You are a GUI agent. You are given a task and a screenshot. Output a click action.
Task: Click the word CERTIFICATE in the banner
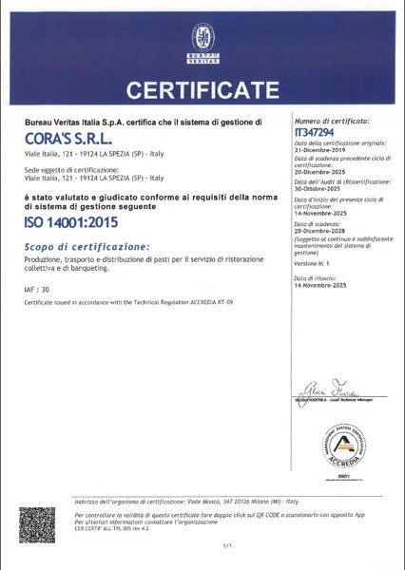(202, 92)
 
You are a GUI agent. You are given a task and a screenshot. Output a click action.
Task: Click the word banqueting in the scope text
(134, 269)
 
